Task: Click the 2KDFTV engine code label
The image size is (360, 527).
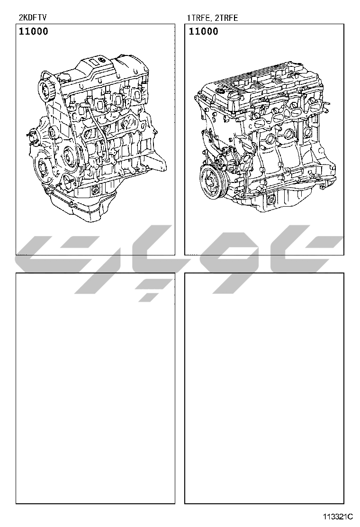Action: coord(33,18)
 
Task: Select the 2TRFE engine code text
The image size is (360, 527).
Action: coord(226,18)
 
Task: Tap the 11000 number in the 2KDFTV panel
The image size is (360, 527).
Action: coord(33,31)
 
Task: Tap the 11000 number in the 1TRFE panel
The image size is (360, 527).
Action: coord(203,31)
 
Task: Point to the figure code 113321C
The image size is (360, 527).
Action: coord(338,517)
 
